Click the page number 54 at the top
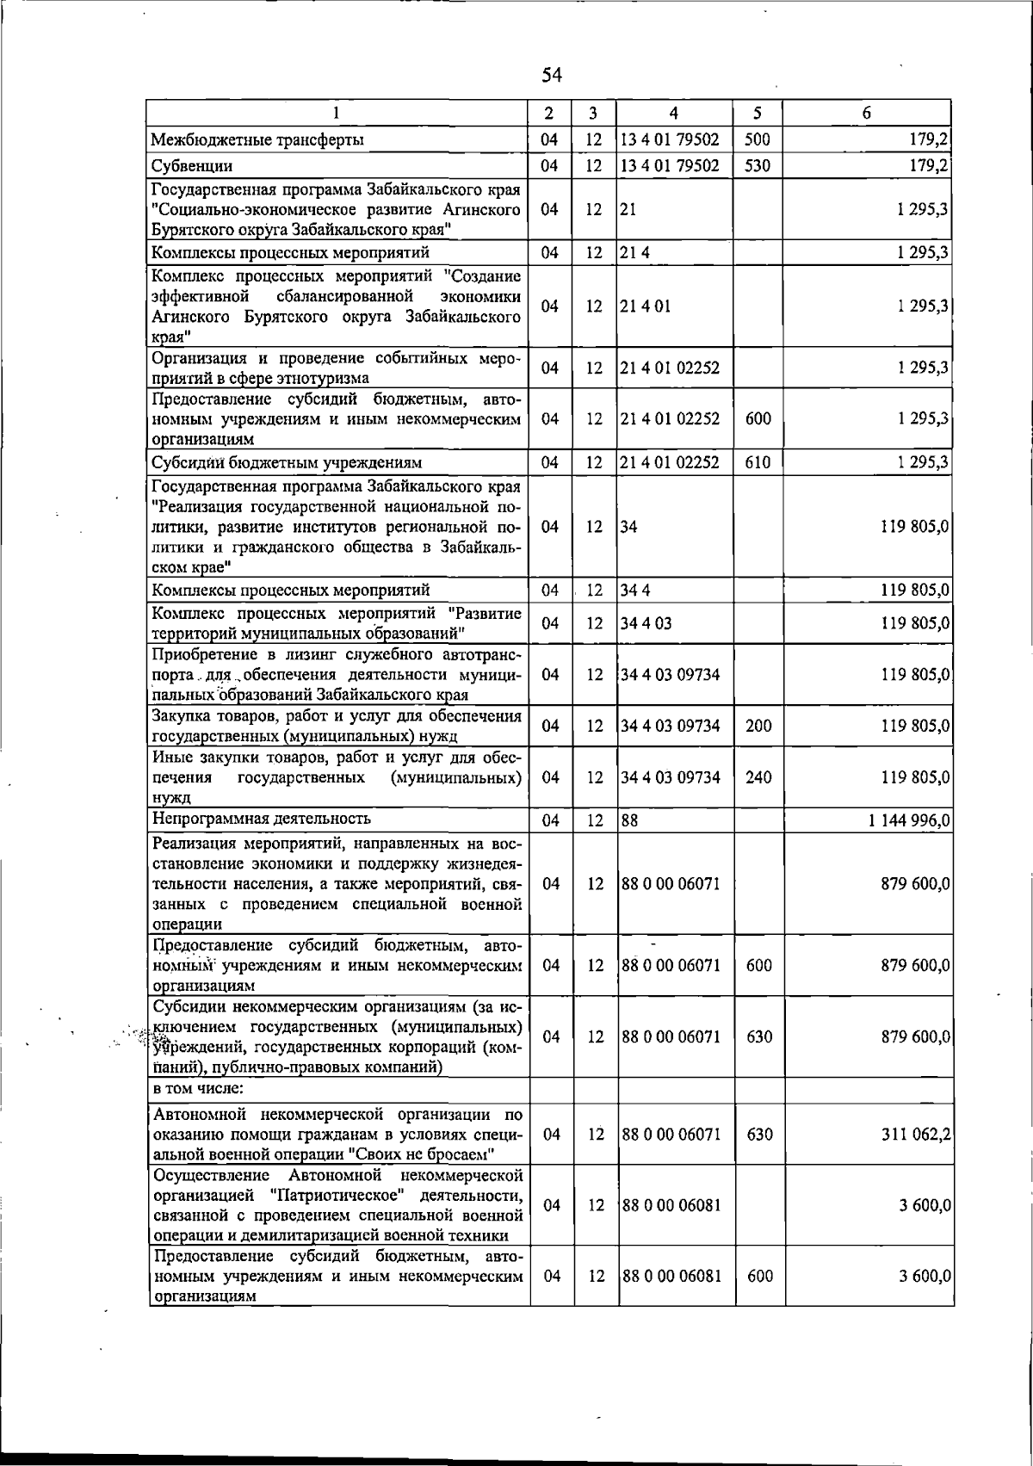[x=552, y=75]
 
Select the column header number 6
[x=866, y=113]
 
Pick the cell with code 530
[x=758, y=165]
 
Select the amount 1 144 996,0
[x=908, y=821]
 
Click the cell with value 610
[x=758, y=462]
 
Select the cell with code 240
[x=758, y=777]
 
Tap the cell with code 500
[x=758, y=139]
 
